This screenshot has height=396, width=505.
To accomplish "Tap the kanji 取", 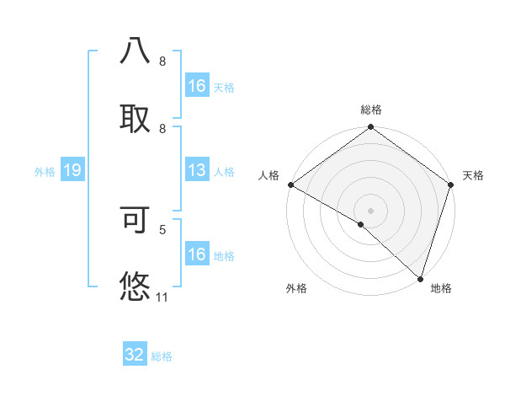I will coord(136,115).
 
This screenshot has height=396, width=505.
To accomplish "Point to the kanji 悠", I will coord(136,286).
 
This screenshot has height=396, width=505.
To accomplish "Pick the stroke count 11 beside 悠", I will coord(162,297).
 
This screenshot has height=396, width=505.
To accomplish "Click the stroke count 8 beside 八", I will coord(162,62).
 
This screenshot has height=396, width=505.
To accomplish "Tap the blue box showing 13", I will coord(196,170).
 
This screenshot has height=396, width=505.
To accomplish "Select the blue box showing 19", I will coord(72,170).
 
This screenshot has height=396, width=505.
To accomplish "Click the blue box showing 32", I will coord(135,355).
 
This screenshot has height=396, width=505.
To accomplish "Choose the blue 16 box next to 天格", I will coord(196,86).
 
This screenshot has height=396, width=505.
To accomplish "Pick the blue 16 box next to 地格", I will coord(196,254).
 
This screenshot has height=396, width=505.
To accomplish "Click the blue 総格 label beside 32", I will coord(162,356).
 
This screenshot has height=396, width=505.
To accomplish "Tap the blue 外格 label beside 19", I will coord(45,171).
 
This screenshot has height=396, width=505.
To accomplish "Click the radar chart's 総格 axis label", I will coord(370,110).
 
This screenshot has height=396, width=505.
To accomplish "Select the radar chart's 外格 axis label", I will coord(296,288).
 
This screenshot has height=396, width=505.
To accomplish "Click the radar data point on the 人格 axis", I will coord(290,185).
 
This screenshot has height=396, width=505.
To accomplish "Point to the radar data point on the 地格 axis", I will coord(420,279).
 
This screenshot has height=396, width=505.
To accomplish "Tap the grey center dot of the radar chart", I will coord(370,210).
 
